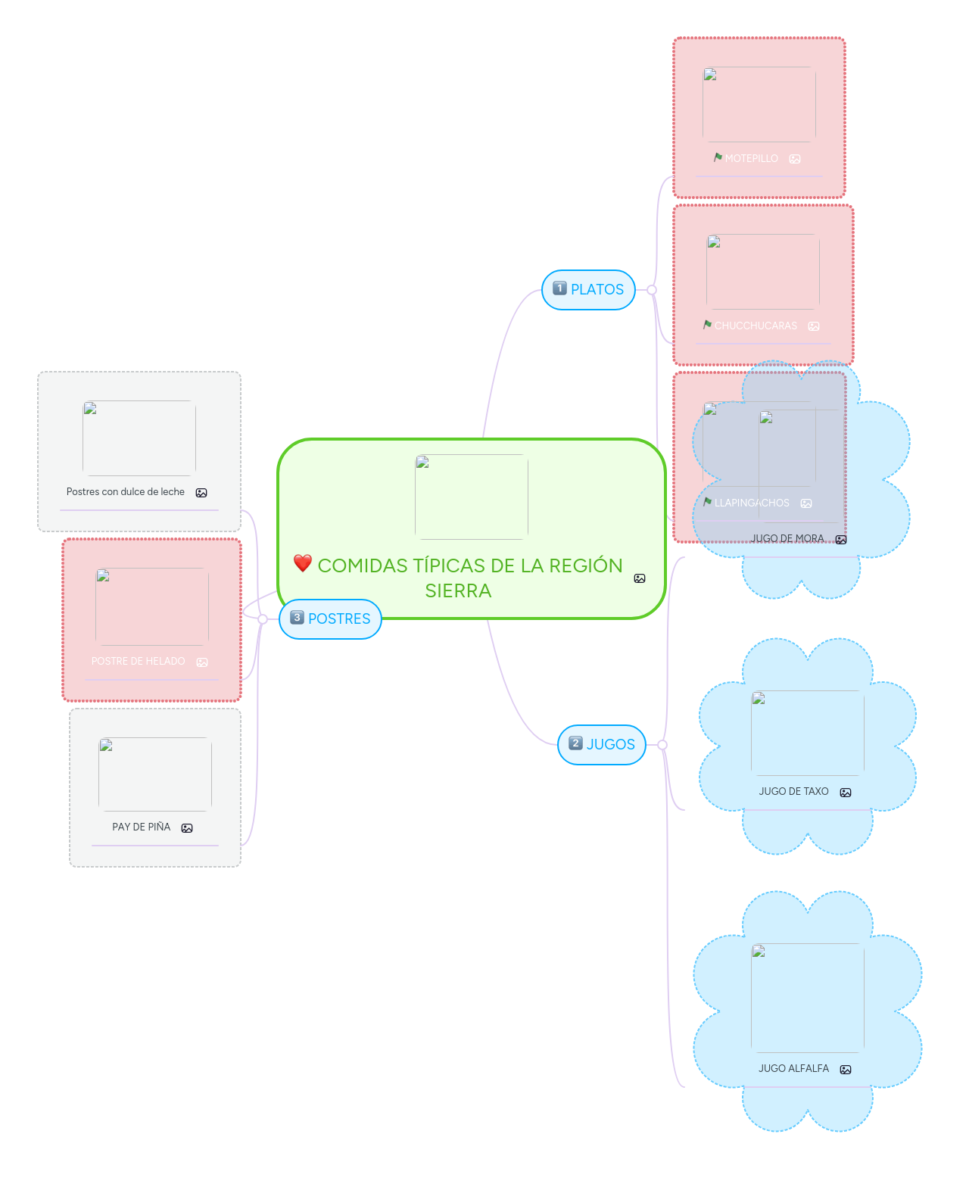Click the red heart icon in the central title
point(303,563)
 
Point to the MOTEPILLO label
point(751,159)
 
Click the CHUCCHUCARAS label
point(756,326)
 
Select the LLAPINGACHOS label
point(752,503)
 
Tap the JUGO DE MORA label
point(787,539)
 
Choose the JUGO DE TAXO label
point(793,792)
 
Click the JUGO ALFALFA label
point(793,1069)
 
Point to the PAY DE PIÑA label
point(142,827)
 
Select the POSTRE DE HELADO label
point(138,662)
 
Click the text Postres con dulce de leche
point(126,492)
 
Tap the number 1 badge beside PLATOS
point(560,288)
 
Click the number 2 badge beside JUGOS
point(575,743)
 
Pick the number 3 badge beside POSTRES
point(297,618)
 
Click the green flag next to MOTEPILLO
point(718,157)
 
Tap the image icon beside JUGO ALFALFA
point(846,1070)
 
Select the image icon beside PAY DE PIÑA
point(187,828)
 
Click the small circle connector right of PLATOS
point(652,290)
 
